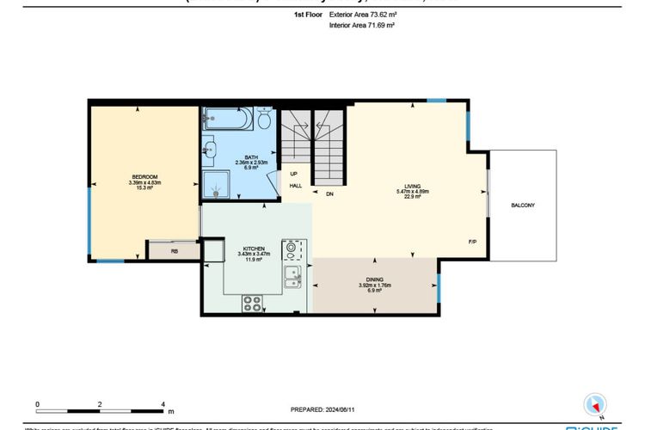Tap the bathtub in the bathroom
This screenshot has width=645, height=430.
click(228, 119)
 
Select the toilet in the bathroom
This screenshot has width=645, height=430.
click(265, 118)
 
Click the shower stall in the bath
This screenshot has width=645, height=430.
click(217, 181)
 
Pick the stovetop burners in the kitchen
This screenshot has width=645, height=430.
click(253, 303)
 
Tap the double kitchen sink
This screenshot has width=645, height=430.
click(292, 275)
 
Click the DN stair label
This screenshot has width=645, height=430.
click(329, 193)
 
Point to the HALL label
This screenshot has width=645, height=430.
click(295, 185)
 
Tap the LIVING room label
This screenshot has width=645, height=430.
click(413, 185)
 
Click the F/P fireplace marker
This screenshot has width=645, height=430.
click(472, 243)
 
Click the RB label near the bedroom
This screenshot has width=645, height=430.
click(175, 252)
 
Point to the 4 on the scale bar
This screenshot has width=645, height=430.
click(163, 403)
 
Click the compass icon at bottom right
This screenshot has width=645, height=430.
click(594, 404)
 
